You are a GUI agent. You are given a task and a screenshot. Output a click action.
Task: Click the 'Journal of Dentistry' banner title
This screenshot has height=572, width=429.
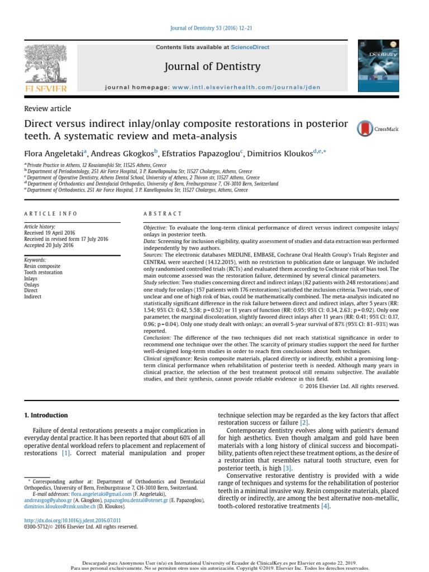[212, 67]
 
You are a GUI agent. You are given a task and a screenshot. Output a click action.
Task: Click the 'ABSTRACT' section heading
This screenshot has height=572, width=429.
[163, 214]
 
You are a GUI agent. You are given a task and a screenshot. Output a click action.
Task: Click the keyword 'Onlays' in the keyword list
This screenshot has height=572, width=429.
[32, 284]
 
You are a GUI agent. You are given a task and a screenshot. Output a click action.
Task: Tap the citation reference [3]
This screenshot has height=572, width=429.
[288, 468]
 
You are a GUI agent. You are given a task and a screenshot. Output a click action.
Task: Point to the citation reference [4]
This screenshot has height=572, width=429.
[326, 506]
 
